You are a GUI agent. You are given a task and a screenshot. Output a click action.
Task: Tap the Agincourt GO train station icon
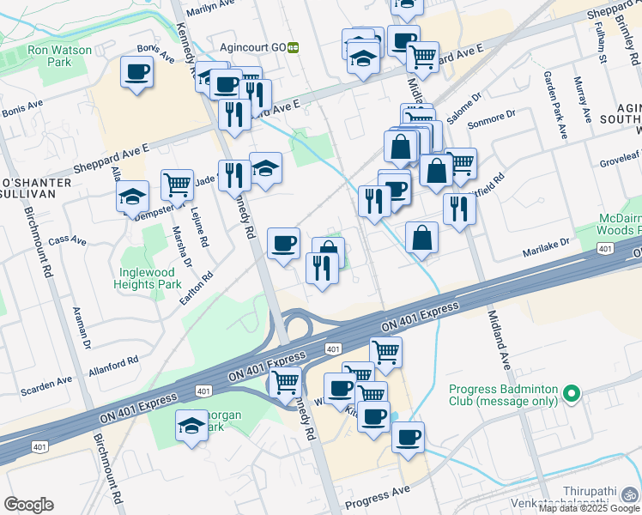293,48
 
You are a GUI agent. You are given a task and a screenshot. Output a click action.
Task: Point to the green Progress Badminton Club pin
571,396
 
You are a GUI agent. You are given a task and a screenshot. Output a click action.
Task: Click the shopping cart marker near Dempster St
177,185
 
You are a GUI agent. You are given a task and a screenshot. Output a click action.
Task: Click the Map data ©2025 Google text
590,508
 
